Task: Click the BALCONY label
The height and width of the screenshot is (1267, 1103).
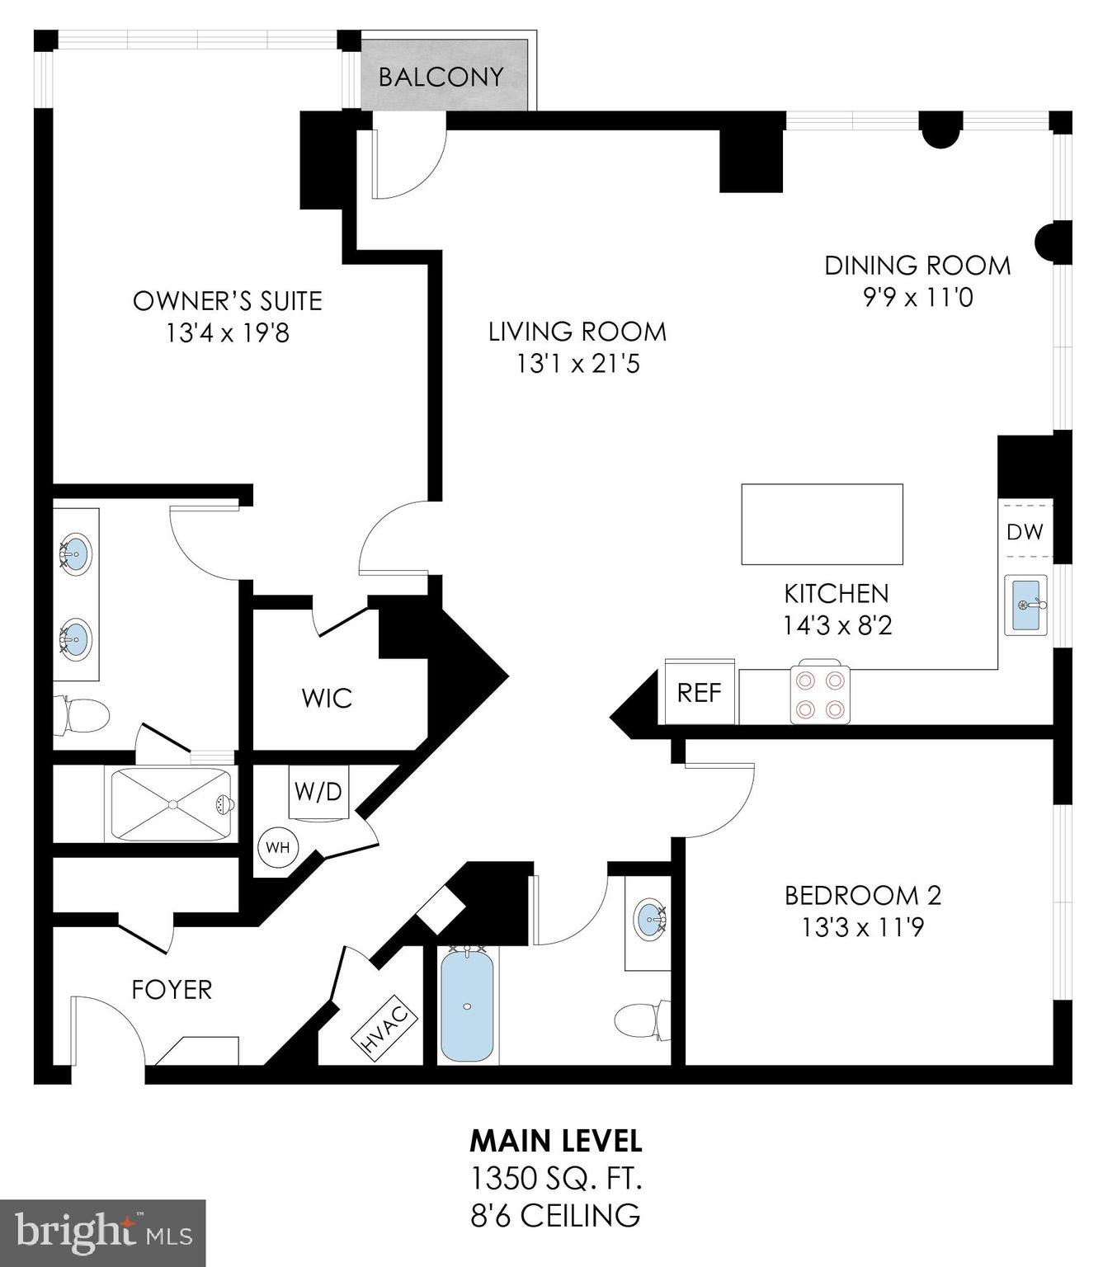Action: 441,77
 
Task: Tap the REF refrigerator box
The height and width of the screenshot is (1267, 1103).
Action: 699,692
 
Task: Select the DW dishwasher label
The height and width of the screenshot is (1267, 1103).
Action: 1025,532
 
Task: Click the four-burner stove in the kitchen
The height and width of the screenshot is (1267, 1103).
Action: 819,694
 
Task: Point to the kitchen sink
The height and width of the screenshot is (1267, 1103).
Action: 1025,605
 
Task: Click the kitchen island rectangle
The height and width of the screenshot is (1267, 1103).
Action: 822,524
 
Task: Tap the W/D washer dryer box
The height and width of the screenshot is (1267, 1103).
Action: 318,792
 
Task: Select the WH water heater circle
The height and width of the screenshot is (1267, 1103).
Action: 276,847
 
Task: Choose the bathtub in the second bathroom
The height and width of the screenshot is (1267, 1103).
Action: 468,1006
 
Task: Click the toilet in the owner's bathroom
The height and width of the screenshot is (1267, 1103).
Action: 82,715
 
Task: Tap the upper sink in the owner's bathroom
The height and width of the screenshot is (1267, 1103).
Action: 75,552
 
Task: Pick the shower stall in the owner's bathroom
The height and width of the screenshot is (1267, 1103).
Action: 172,804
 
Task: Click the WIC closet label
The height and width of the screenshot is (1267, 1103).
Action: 327,698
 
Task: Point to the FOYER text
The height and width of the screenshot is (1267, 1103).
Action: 172,989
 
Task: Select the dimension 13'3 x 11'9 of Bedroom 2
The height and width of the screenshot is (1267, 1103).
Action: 862,927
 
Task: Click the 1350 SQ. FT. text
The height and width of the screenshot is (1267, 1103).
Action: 555,1178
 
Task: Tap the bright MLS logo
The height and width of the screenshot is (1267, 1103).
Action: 102,1234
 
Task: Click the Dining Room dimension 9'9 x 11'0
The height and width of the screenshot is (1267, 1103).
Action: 917,297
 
